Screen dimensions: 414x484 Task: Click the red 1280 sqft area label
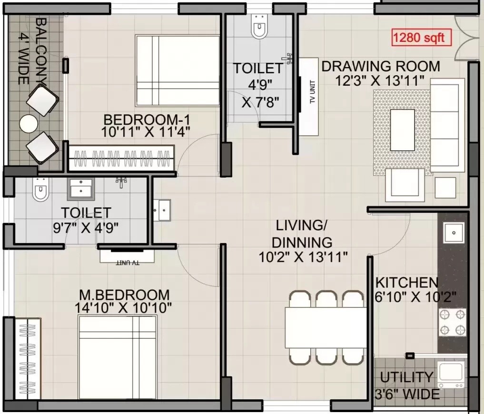[421, 38]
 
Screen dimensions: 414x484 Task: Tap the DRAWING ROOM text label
[381, 66]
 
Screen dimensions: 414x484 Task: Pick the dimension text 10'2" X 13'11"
[303, 257]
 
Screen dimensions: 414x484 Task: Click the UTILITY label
[406, 377]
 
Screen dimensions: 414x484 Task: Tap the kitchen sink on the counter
[454, 233]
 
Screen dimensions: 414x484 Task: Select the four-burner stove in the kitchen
[453, 322]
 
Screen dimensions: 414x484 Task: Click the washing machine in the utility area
[451, 375]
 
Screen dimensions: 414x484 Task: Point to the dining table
[326, 328]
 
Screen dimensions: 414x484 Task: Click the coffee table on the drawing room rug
[402, 129]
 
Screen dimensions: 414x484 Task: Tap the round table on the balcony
[29, 124]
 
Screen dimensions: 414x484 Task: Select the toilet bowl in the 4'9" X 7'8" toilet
[259, 27]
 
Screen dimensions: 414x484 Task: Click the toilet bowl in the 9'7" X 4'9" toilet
[40, 191]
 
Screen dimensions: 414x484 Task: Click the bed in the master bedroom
[117, 357]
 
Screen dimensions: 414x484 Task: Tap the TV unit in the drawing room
[308, 97]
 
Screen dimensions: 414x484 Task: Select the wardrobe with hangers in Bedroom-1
[122, 158]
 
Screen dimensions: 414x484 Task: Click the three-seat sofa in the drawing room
[447, 126]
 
